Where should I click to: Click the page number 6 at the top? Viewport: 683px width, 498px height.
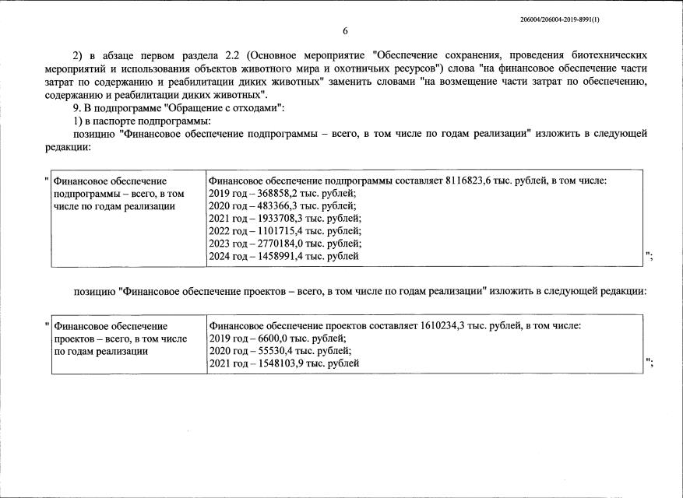pos(345,31)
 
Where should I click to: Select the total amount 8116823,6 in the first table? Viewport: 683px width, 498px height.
pos(470,181)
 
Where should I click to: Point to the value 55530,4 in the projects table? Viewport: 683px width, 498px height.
pos(272,351)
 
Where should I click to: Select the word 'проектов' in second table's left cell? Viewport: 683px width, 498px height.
pos(75,338)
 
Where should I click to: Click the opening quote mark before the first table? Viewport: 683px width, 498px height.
pos(46,181)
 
